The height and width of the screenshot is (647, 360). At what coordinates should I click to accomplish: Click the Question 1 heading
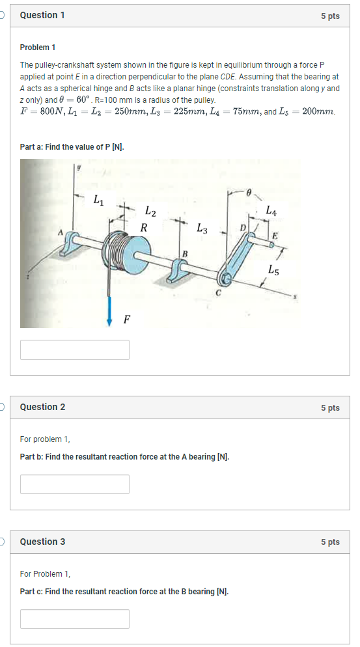[42, 15]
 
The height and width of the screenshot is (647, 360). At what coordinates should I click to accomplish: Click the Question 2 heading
[42, 407]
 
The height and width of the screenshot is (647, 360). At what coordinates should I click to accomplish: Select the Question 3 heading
[42, 542]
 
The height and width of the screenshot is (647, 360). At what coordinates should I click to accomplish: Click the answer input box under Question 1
[74, 350]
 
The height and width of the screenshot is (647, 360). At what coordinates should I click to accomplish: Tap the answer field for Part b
[74, 484]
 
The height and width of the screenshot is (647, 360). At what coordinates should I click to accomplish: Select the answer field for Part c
[74, 619]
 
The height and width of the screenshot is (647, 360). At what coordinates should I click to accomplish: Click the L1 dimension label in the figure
[98, 200]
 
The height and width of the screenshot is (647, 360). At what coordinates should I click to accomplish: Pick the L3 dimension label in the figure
[202, 228]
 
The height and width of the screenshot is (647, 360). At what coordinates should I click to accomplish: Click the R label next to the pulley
[143, 228]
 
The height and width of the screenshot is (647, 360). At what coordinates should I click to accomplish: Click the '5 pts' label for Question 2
[329, 407]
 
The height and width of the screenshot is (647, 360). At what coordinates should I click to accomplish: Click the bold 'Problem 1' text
[38, 48]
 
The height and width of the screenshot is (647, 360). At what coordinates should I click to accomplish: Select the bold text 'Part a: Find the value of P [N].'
[72, 147]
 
